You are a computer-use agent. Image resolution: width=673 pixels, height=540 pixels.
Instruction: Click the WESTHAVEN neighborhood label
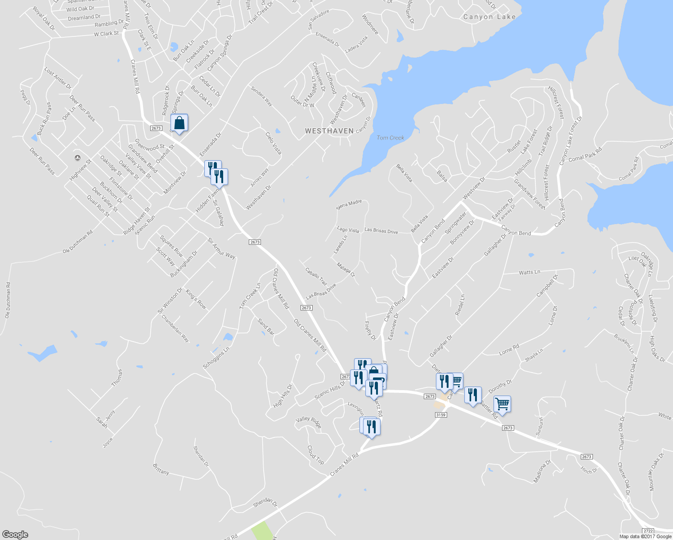[329, 131]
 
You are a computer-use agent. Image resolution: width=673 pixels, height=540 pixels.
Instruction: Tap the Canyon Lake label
[489, 17]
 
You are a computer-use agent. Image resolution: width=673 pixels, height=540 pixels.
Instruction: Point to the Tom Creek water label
[390, 138]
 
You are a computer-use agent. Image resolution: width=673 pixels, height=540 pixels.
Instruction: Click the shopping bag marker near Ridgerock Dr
[179, 123]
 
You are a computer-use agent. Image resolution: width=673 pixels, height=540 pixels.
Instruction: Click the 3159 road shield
[441, 414]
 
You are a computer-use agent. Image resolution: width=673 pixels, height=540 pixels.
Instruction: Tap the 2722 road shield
[648, 531]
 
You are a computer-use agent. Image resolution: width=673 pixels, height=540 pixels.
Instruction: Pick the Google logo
[15, 535]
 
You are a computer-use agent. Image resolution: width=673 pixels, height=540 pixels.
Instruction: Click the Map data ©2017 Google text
[645, 536]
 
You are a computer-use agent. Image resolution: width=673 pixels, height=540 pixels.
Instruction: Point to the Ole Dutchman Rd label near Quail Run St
[77, 242]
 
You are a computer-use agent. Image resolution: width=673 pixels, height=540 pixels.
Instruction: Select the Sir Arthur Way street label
[221, 248]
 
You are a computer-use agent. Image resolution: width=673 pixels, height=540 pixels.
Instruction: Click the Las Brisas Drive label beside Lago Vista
[381, 230]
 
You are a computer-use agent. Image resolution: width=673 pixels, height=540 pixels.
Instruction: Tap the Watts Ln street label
[529, 272]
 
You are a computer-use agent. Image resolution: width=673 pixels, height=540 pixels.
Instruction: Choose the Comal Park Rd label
[585, 155]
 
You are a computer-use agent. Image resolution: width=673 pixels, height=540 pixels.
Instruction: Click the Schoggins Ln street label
[216, 358]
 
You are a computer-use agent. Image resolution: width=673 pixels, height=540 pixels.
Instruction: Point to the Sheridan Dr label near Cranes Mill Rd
[265, 502]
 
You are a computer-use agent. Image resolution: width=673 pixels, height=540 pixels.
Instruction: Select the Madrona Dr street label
[542, 472]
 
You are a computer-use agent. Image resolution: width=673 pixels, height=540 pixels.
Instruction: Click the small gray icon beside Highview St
[77, 157]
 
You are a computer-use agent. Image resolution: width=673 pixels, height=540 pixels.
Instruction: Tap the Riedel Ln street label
[460, 305]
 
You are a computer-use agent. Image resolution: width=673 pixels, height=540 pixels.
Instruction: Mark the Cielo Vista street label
[273, 143]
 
